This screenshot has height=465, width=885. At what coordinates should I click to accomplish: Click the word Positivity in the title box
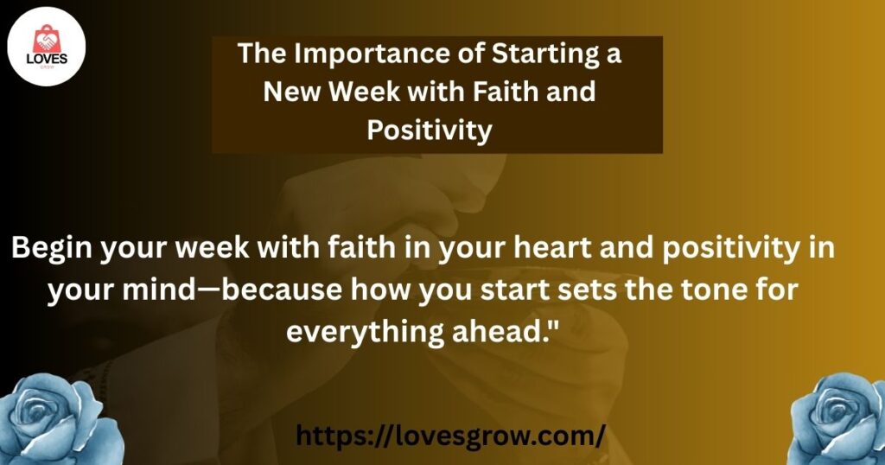click(430, 131)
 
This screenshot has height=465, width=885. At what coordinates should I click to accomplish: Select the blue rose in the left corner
click(60, 420)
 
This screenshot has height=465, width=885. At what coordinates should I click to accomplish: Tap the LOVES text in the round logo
click(47, 59)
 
